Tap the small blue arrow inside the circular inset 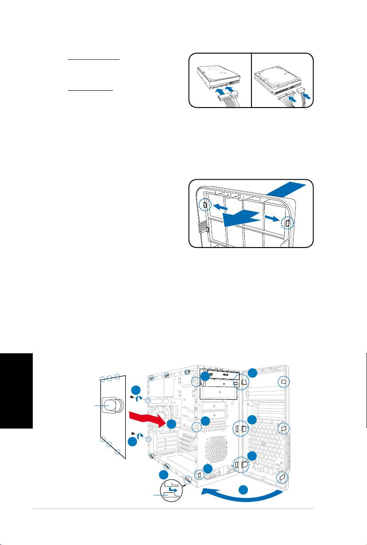click(x=174, y=491)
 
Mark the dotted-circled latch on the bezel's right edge click(x=288, y=222)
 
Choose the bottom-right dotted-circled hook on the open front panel click(x=282, y=477)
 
